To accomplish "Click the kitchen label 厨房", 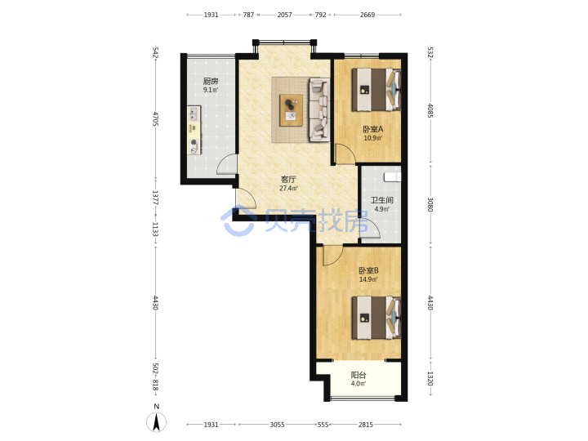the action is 211,81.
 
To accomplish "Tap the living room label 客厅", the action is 288,180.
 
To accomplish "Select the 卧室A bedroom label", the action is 372,129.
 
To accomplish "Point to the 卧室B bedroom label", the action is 368,271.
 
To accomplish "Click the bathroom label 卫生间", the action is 382,201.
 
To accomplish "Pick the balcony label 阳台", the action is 359,375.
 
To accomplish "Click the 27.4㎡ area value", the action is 288,189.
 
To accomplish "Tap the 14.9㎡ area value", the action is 368,279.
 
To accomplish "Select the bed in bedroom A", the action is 376,89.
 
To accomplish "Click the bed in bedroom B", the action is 376,318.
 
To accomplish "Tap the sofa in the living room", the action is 319,109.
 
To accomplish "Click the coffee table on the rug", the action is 291,110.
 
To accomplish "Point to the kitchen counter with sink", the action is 194,130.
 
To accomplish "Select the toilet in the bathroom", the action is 392,176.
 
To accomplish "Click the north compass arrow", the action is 156,422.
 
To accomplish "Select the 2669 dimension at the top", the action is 367,15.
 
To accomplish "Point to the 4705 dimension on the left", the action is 156,118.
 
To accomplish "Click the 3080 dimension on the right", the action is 430,204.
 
